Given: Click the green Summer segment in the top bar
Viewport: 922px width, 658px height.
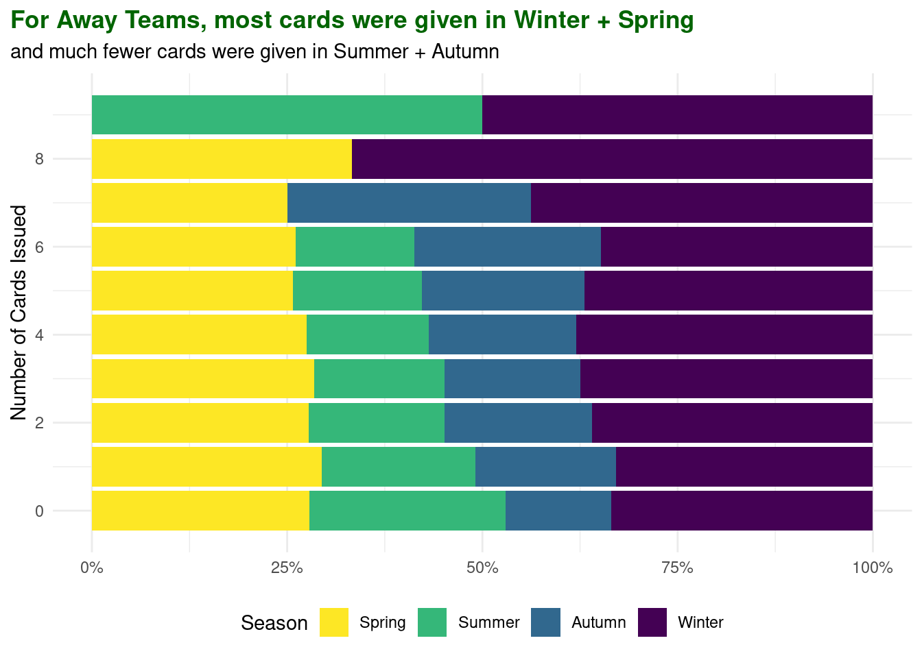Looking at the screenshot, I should (x=287, y=114).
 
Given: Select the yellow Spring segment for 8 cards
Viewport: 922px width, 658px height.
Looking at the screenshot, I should (x=222, y=159).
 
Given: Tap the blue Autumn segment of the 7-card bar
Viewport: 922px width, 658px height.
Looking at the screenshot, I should (x=409, y=203).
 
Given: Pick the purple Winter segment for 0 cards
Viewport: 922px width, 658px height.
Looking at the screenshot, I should (x=742, y=511).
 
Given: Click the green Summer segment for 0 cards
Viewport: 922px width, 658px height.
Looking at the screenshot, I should (x=407, y=511).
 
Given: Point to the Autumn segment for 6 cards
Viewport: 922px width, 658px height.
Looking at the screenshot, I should (x=508, y=247).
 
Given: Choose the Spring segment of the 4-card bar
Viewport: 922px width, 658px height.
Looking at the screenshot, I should (x=199, y=334).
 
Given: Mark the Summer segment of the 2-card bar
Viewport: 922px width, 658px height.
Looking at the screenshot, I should (x=377, y=423).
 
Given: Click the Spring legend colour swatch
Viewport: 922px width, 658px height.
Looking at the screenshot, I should (x=334, y=622).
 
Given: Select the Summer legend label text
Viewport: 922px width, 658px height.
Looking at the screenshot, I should (x=488, y=622).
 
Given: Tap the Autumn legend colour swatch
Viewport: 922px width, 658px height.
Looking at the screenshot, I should (x=545, y=622).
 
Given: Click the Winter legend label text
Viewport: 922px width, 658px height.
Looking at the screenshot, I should (x=700, y=622).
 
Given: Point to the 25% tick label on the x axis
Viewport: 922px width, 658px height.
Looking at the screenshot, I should (x=287, y=568).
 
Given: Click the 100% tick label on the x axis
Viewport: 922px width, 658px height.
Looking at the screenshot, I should (x=872, y=568).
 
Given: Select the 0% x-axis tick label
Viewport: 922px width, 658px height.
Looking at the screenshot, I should (x=91, y=568).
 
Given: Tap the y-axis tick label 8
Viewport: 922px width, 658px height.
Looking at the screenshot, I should (x=39, y=159).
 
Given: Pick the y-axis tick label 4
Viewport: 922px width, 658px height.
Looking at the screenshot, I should (x=39, y=334).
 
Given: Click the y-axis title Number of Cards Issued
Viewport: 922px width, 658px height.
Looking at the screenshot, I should (x=19, y=313).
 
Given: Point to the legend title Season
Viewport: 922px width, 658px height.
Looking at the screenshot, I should (x=274, y=623).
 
